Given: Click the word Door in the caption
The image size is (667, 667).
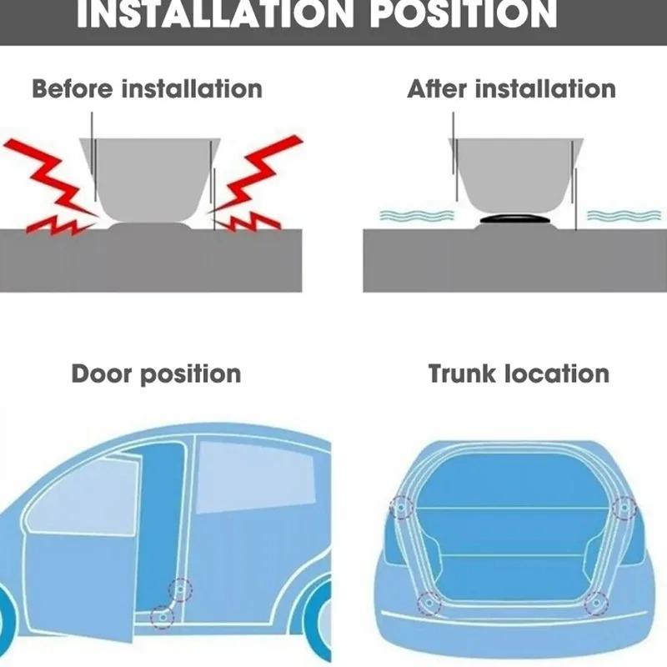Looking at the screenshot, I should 101,373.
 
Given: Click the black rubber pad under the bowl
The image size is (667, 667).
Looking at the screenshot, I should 516,219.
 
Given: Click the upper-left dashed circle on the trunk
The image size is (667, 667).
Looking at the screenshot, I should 402,506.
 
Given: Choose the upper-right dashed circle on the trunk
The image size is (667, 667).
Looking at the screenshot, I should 623,506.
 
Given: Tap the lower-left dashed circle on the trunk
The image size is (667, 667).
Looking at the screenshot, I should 428,602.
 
